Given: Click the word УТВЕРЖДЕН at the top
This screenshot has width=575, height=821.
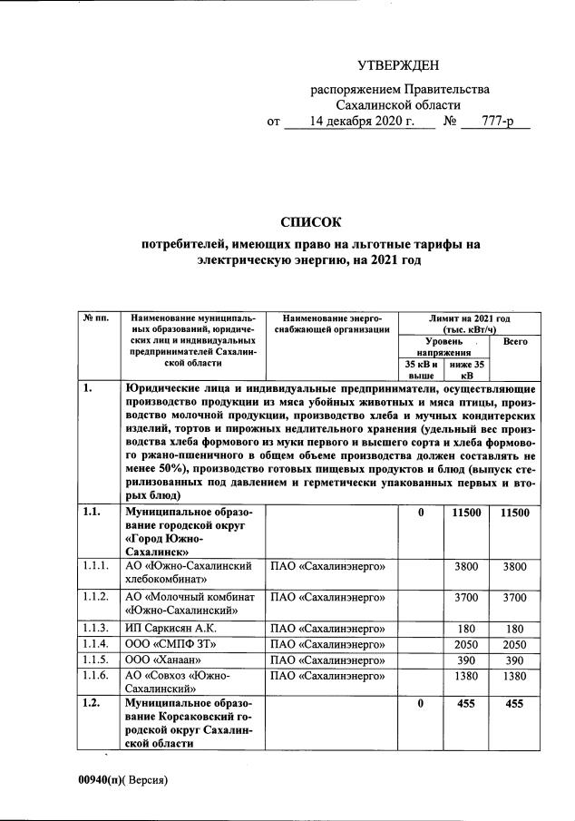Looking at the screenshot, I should pos(397,65).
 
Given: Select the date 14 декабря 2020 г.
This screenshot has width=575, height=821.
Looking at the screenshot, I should pos(361,121).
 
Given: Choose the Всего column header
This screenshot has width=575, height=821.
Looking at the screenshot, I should pos(515,342).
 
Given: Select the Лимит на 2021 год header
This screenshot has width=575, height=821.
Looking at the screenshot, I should pos(469,325).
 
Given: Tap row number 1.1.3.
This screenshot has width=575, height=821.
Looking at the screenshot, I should pos(95,627).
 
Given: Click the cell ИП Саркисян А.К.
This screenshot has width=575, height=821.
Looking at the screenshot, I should pos(169,627).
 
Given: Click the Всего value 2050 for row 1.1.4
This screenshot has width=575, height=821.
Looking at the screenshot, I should pos(514,643).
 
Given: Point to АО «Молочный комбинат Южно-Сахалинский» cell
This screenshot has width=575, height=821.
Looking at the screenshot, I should pos(188,603).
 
